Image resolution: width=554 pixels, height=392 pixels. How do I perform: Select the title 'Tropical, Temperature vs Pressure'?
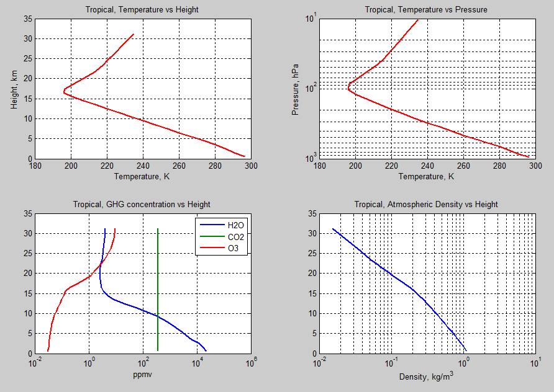tap(426, 9)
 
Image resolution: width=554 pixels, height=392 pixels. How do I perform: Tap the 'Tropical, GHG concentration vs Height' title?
tap(142, 204)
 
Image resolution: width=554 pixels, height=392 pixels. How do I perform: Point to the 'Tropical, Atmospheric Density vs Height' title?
tap(426, 204)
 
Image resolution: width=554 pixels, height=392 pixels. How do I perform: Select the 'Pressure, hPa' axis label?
tap(296, 89)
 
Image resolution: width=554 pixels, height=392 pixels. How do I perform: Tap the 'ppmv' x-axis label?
tap(143, 375)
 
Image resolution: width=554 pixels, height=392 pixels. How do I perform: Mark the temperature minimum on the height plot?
tap(63, 91)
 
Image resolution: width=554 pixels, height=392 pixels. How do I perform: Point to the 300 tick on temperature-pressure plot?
tap(534, 166)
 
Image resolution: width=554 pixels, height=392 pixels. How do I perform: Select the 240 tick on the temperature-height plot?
tap(143, 166)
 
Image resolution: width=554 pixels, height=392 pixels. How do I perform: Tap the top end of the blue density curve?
tap(333, 229)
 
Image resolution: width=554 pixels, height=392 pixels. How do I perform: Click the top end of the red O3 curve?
tap(115, 229)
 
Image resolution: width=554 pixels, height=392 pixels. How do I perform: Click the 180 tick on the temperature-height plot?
tap(35, 166)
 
